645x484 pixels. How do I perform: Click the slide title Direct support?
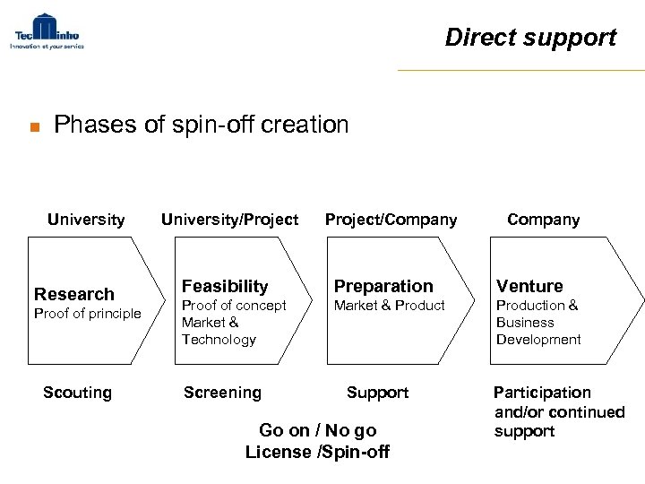click(530, 38)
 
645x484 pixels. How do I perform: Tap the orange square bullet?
click(31, 127)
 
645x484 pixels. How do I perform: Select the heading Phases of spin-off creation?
click(201, 125)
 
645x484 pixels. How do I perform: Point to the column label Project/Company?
click(391, 220)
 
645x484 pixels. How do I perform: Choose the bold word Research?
click(74, 294)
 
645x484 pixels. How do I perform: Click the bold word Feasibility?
click(225, 286)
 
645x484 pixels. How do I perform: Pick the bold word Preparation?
click(383, 286)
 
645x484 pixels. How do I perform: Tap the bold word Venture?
click(529, 286)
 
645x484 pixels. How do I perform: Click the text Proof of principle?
click(87, 313)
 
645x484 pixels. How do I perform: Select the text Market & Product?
click(390, 306)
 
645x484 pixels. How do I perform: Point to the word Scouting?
click(78, 393)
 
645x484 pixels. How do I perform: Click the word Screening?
click(222, 393)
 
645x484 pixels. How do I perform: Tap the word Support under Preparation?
click(377, 393)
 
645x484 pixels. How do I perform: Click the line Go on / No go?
click(317, 430)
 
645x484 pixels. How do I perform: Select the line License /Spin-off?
click(317, 451)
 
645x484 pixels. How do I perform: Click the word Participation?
click(542, 393)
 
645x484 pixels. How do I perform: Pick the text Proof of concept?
click(234, 306)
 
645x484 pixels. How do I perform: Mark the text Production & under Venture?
click(537, 306)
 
